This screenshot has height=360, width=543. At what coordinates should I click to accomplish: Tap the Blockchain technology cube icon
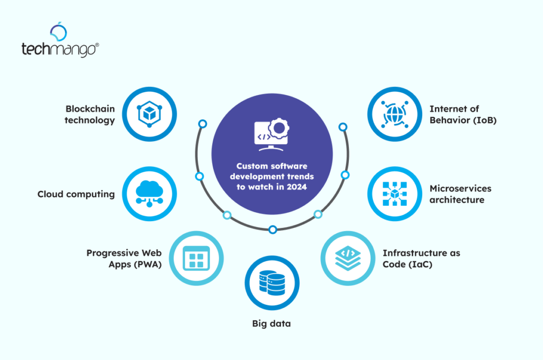click(x=150, y=113)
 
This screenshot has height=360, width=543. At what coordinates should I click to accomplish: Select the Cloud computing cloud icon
click(x=150, y=193)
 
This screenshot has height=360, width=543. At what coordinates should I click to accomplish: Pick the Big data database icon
click(x=272, y=284)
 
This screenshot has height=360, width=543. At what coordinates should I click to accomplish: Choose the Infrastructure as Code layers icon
click(x=347, y=258)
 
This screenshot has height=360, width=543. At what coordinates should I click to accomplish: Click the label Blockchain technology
click(x=90, y=115)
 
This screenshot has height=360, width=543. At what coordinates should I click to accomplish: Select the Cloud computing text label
click(x=76, y=194)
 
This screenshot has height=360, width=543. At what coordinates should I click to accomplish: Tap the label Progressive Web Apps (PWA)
click(x=124, y=259)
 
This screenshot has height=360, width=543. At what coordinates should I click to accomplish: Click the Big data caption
click(x=271, y=323)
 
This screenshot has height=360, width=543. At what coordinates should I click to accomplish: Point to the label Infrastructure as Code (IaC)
click(x=421, y=259)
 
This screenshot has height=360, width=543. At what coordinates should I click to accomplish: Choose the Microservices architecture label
click(x=460, y=194)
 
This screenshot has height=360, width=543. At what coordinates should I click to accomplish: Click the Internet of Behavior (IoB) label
click(x=462, y=115)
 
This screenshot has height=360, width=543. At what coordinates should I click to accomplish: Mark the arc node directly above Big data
click(x=273, y=230)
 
